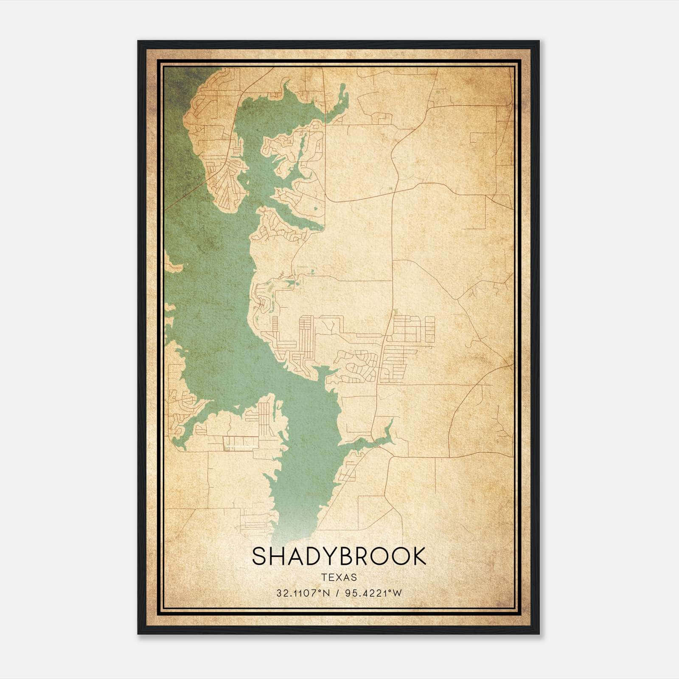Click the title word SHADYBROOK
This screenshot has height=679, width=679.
click(x=339, y=556)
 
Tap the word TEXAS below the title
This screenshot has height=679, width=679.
click(x=339, y=577)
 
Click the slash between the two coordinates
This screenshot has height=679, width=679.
click(x=336, y=593)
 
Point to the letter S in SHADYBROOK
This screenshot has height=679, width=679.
click(x=260, y=556)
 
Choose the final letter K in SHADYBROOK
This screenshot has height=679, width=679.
click(x=418, y=556)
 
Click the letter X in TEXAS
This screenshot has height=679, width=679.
click(x=339, y=577)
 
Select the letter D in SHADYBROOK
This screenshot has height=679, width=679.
click(x=316, y=556)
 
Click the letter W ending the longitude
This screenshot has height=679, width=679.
click(x=397, y=593)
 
